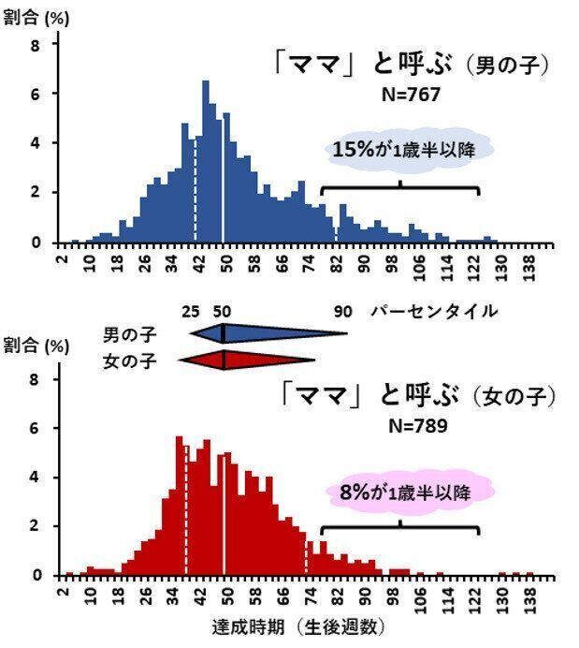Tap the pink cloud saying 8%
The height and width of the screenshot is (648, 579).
pos(409,492)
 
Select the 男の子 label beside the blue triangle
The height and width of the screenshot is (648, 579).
pos(130,333)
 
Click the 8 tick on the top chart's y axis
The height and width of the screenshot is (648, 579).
pos(35,44)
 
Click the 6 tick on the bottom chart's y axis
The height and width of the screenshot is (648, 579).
pos(35,428)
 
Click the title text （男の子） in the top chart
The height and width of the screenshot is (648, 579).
pos(509,66)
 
